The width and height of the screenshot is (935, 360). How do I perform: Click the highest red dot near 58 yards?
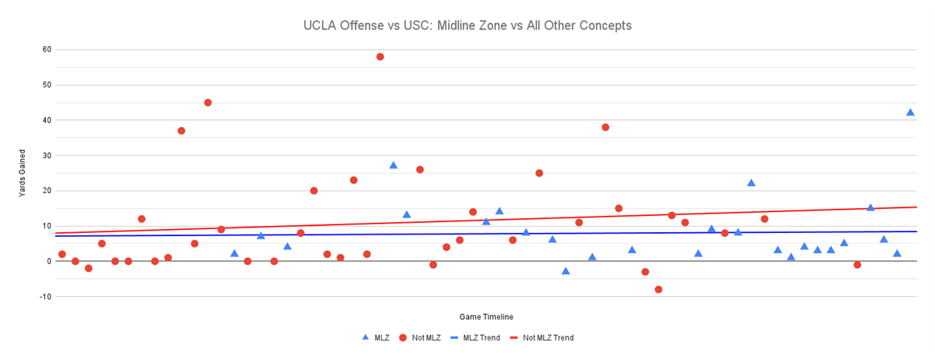click(380, 57)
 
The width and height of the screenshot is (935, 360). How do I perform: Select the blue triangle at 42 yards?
click(910, 112)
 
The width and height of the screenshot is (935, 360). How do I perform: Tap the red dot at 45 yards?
click(208, 103)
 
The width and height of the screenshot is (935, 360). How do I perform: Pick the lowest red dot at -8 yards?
click(658, 289)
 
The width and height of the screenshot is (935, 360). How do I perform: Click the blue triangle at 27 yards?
click(393, 165)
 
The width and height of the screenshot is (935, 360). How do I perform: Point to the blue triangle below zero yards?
click(566, 271)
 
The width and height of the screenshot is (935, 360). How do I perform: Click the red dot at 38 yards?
click(605, 127)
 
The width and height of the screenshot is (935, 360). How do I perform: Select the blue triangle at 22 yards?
click(751, 183)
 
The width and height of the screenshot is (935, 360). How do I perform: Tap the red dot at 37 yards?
click(182, 131)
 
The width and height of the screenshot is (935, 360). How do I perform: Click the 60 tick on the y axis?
click(47, 50)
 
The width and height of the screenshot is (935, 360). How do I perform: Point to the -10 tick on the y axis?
click(45, 297)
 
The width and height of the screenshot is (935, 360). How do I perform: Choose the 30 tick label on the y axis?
click(47, 156)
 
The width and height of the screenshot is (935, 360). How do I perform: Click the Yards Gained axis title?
click(23, 173)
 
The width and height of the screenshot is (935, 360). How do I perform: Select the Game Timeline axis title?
click(486, 317)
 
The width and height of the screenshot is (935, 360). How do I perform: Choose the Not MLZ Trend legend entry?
click(548, 338)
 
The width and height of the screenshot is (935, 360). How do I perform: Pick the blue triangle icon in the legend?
click(365, 337)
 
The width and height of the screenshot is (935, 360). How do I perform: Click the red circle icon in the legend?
click(403, 338)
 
